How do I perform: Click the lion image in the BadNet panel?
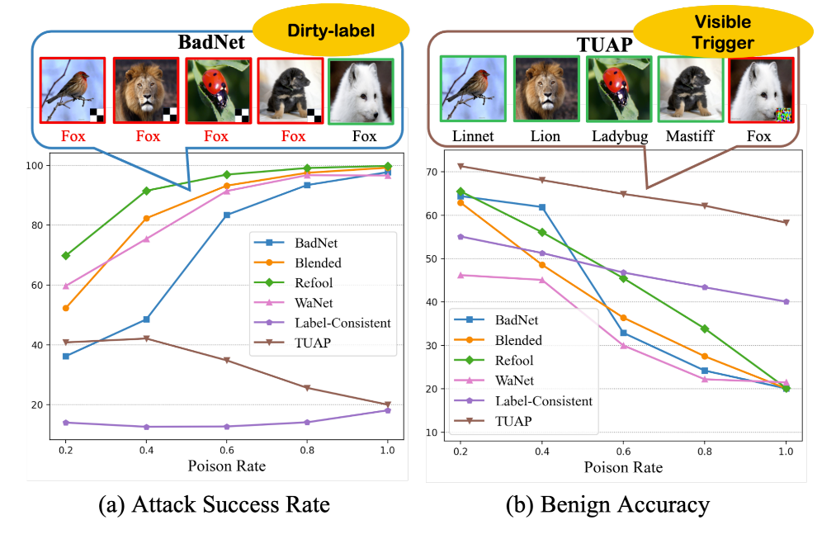point(145,90)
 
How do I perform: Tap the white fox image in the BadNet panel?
point(360,91)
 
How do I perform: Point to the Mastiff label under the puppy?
point(691,135)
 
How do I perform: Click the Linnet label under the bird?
point(472,135)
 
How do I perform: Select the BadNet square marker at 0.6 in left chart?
point(226,215)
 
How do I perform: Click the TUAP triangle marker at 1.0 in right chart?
point(786,222)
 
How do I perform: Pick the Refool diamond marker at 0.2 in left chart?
point(65,256)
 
